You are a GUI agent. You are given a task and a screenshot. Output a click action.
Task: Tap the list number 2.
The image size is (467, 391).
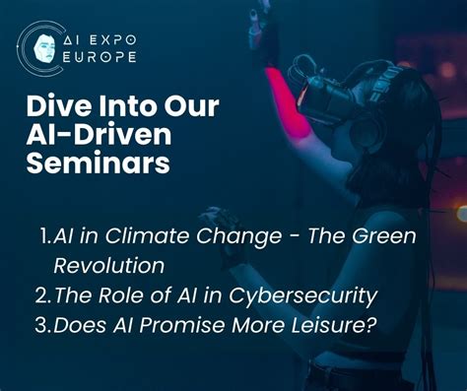[44, 294]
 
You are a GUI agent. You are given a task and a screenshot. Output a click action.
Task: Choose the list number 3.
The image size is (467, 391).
[44, 323]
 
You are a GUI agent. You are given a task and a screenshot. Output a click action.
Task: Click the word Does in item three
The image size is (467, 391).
[77, 323]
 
